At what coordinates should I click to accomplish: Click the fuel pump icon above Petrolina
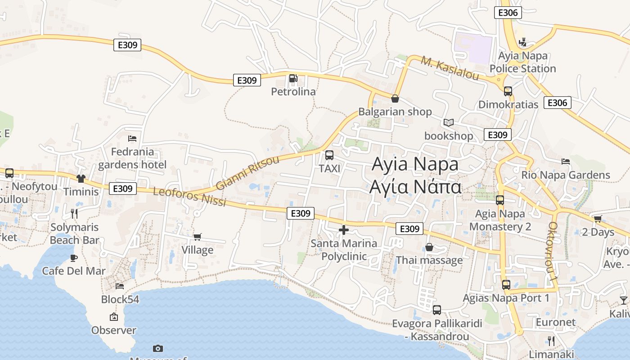[293, 79]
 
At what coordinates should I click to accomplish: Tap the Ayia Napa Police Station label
[522, 62]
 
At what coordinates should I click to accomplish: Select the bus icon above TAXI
[329, 155]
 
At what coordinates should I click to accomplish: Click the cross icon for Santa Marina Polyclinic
[344, 230]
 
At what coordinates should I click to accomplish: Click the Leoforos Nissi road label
[189, 197]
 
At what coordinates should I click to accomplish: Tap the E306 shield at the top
[508, 13]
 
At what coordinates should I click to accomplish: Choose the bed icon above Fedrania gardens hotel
[132, 139]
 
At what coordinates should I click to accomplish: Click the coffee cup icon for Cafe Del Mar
[74, 258]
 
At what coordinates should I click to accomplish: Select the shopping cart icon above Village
[197, 237]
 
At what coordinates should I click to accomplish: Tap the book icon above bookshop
[449, 122]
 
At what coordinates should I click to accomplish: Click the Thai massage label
[429, 260]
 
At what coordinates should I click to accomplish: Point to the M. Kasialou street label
[450, 68]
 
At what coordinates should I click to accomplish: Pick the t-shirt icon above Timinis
[81, 179]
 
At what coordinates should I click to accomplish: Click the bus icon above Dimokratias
[508, 91]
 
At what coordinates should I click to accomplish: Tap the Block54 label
[120, 299]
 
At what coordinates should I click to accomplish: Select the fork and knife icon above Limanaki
[551, 341]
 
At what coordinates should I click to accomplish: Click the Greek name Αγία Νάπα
[415, 186]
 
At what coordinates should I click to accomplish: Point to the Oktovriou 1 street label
[553, 252]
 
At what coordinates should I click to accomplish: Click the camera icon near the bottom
[157, 348]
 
